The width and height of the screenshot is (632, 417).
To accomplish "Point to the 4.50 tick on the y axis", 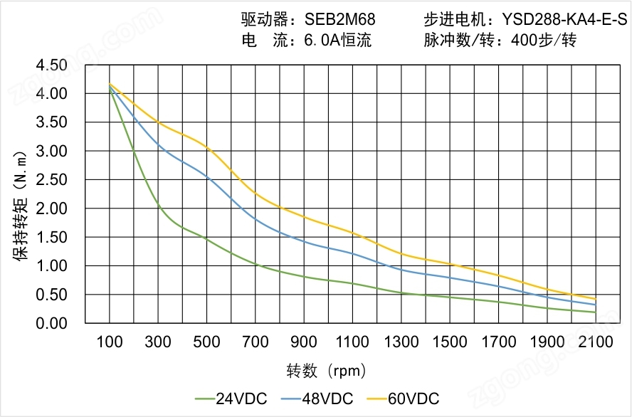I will pos(51,65).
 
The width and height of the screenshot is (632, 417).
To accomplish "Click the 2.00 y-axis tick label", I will pos(51,208).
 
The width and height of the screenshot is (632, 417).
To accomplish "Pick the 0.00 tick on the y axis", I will pos(51,323).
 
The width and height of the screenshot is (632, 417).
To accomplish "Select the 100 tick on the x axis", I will pos(109,342).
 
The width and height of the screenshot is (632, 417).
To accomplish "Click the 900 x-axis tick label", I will pos(304,342).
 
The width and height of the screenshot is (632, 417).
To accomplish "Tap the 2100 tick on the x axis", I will pos(596,342).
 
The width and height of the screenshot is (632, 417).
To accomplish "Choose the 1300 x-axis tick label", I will pos(401,342).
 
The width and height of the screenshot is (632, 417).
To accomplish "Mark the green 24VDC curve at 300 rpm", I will pos(158,206).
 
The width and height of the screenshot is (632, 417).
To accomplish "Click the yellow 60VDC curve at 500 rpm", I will pos(206,147).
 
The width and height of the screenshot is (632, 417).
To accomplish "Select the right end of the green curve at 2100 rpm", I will pos(595,312).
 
